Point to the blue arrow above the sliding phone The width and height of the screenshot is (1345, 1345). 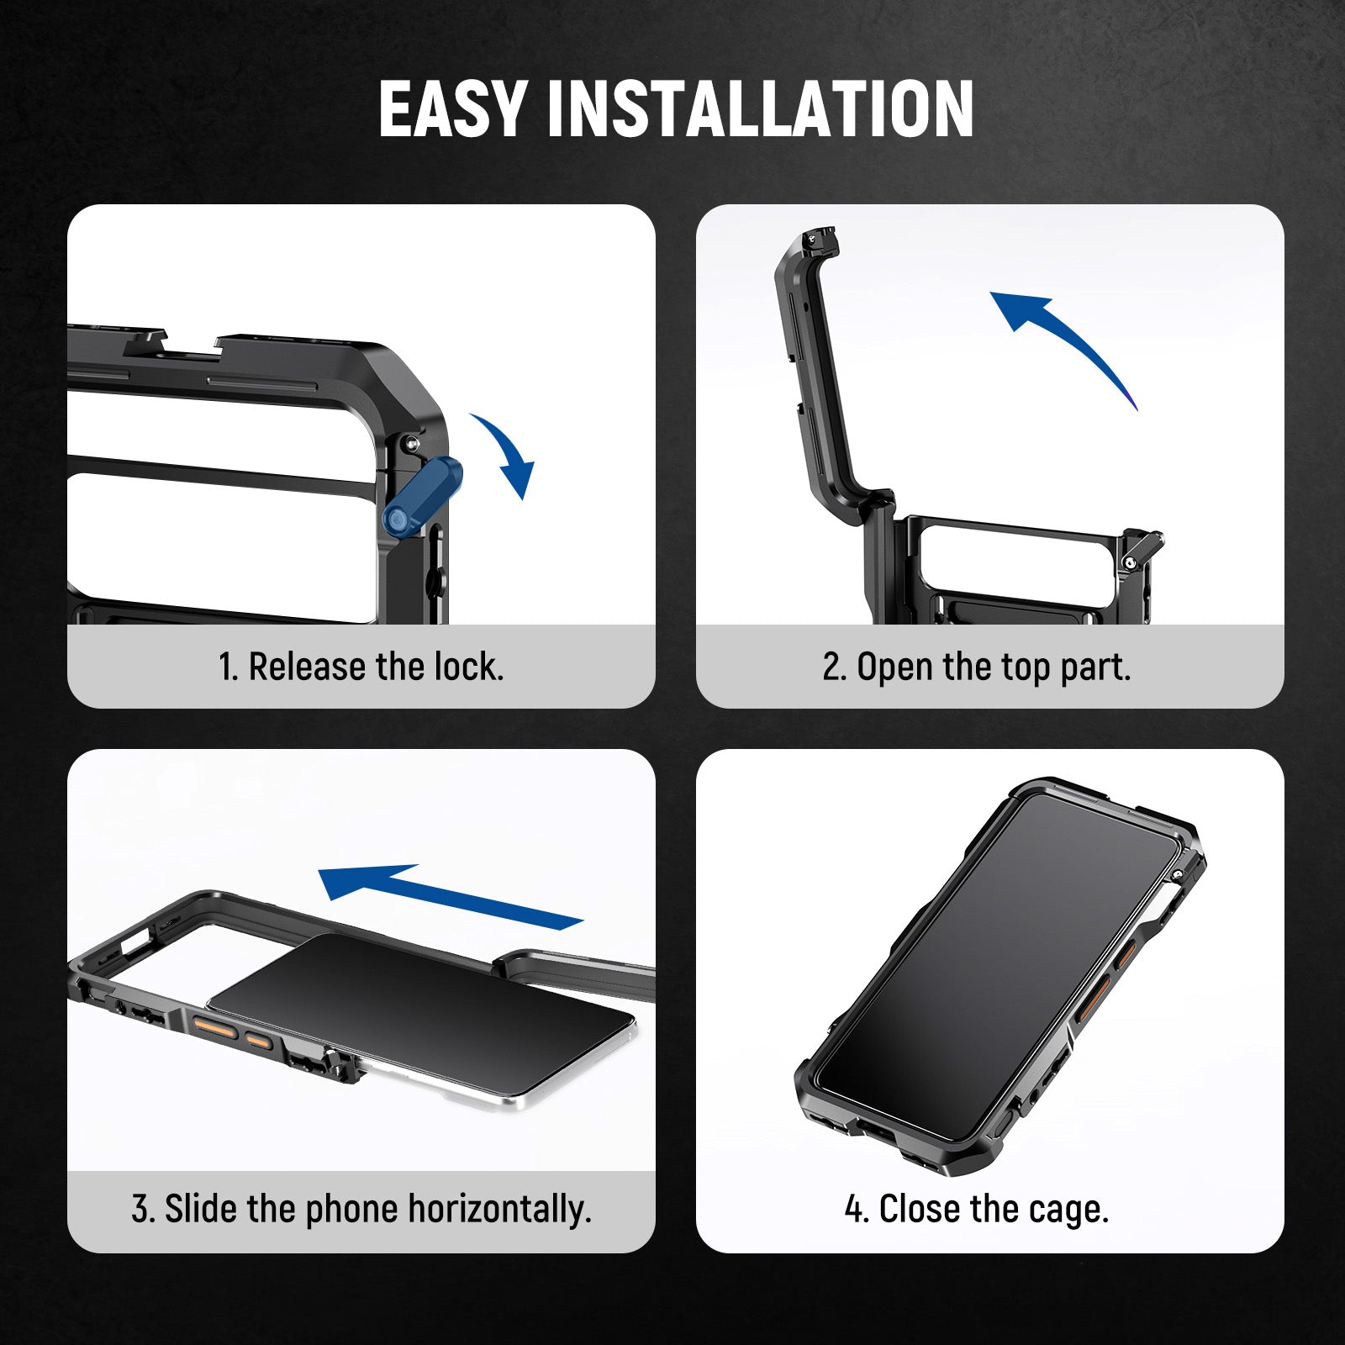pos(451,896)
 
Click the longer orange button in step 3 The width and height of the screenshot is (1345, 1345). pos(214,1026)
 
